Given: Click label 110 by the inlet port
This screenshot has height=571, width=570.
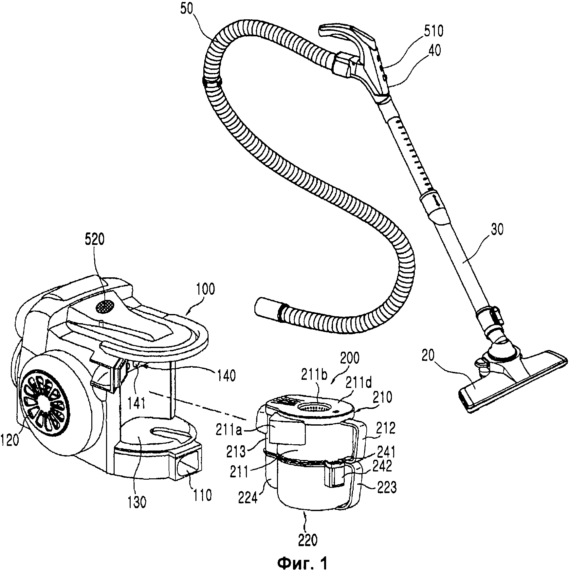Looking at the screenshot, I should tap(202, 496).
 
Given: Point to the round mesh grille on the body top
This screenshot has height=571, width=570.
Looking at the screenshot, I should tap(105, 307).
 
